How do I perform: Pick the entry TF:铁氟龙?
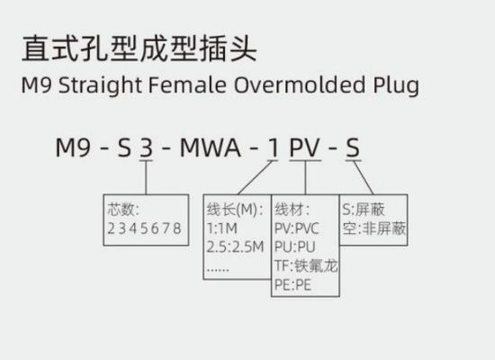(306, 266)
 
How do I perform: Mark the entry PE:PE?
(293, 285)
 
